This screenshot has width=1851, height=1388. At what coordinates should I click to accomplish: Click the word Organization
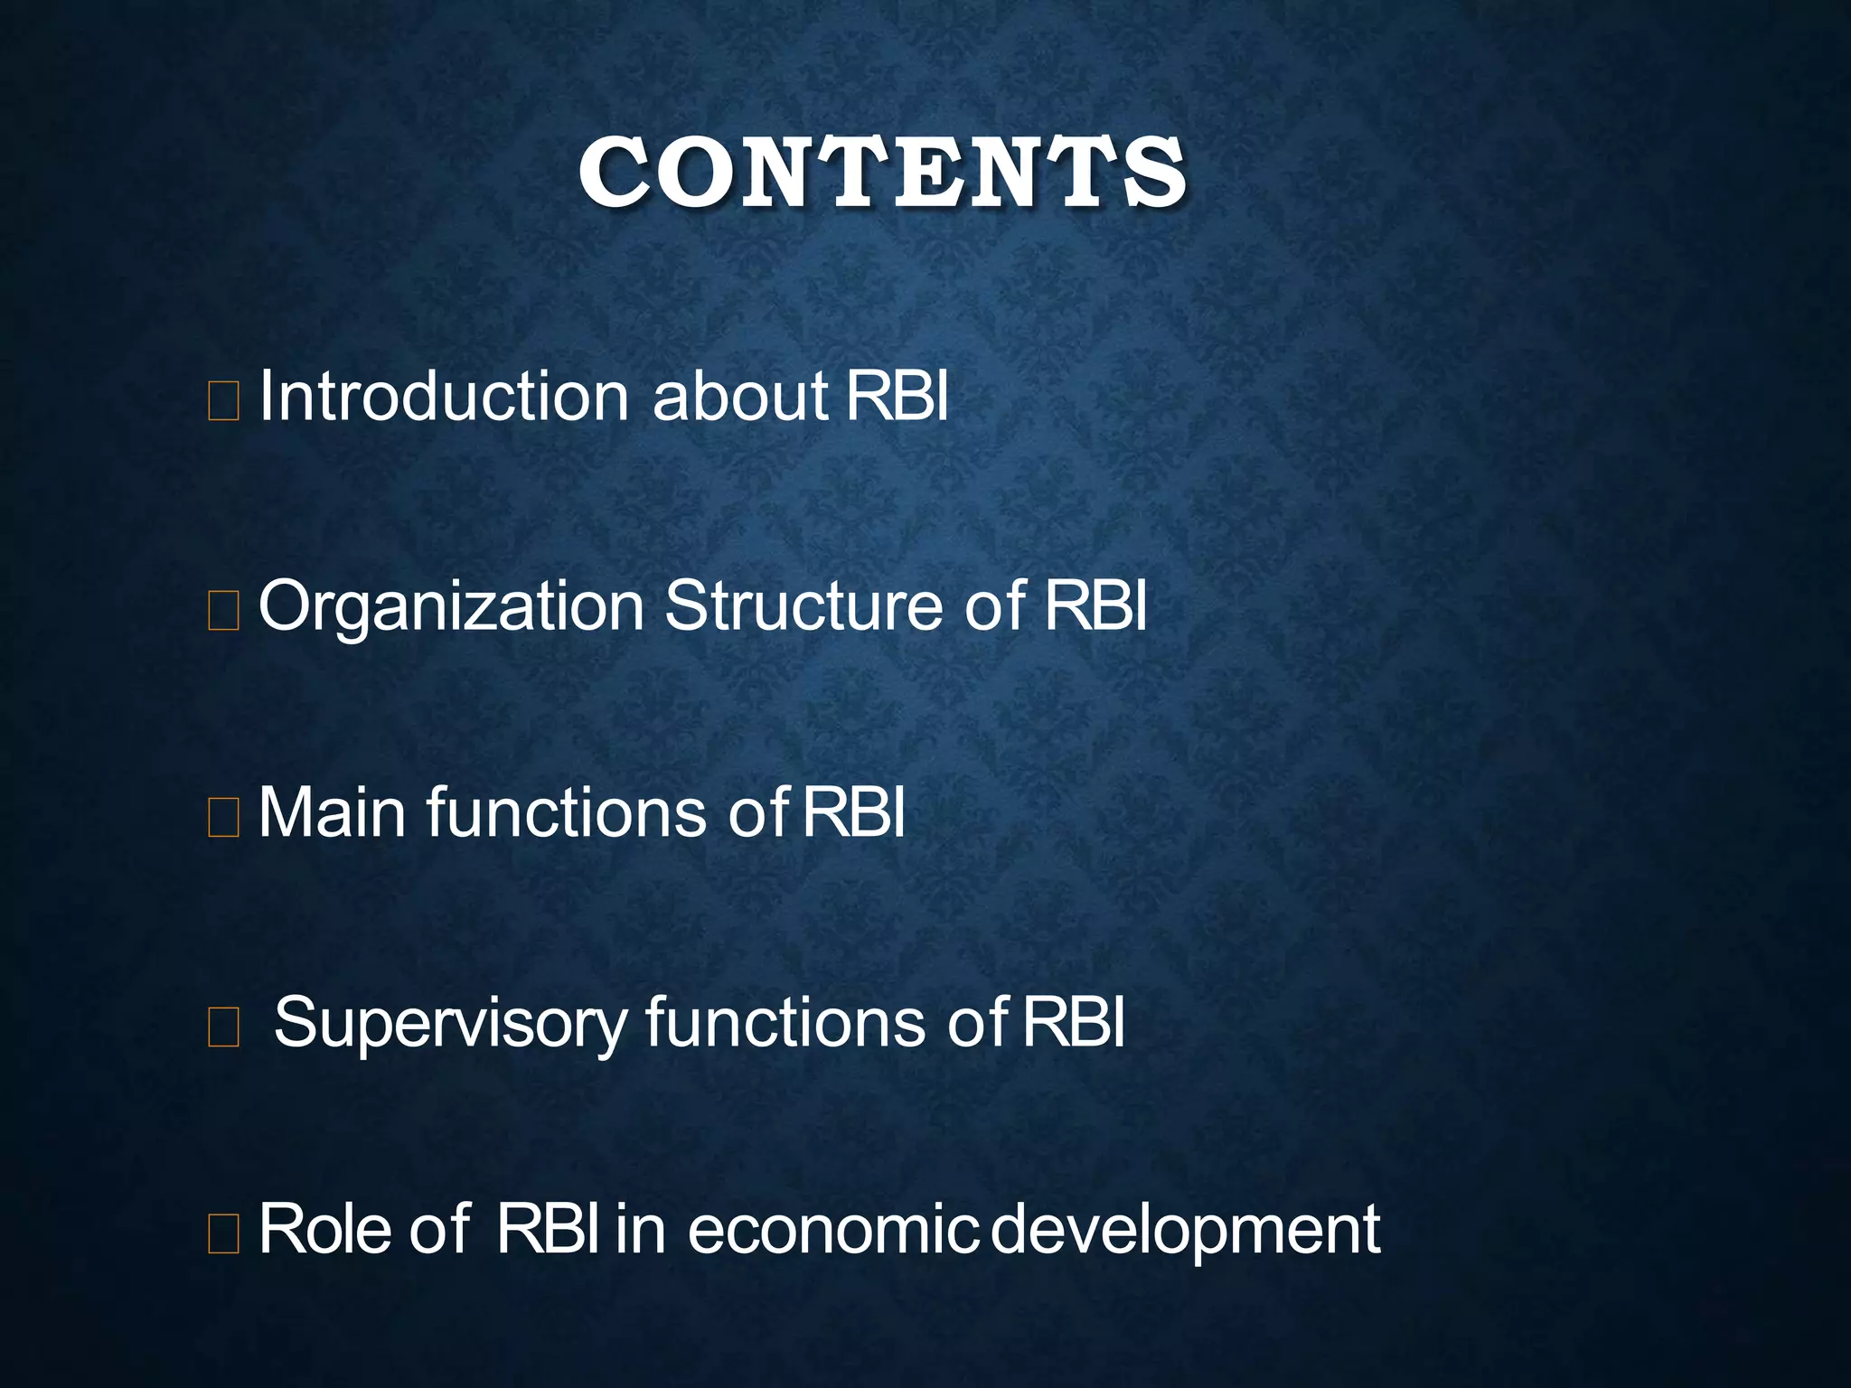point(451,608)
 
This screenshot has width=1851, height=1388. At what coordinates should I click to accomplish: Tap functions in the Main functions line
point(566,812)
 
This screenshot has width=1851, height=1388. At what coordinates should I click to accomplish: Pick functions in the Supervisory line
point(785,1022)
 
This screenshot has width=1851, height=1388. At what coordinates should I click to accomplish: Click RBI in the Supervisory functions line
point(1074,1022)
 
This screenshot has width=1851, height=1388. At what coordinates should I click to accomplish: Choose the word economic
point(832,1230)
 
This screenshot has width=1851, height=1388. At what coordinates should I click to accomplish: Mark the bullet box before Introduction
point(223,401)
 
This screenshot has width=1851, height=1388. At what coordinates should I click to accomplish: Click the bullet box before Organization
point(223,610)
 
